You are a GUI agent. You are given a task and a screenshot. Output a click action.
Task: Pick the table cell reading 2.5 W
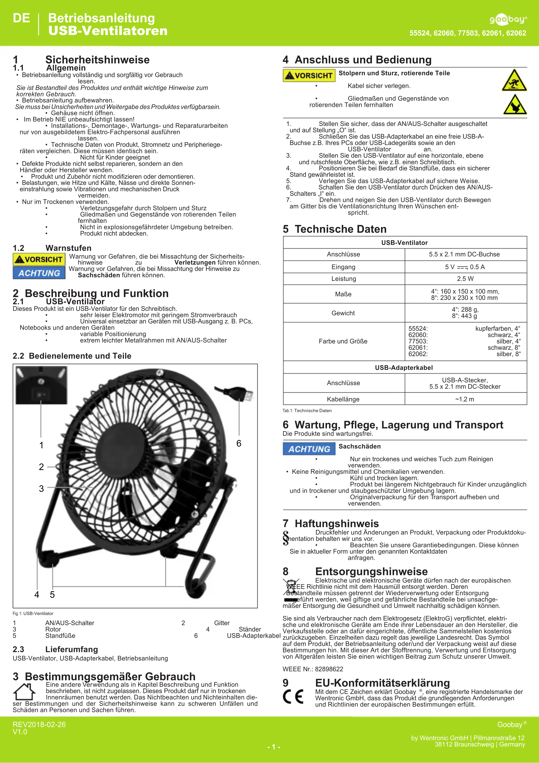(465, 278)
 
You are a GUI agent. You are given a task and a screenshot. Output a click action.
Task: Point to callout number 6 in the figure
(239, 443)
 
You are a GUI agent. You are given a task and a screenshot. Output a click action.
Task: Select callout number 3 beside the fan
(41, 488)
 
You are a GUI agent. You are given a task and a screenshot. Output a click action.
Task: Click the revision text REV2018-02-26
(39, 724)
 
